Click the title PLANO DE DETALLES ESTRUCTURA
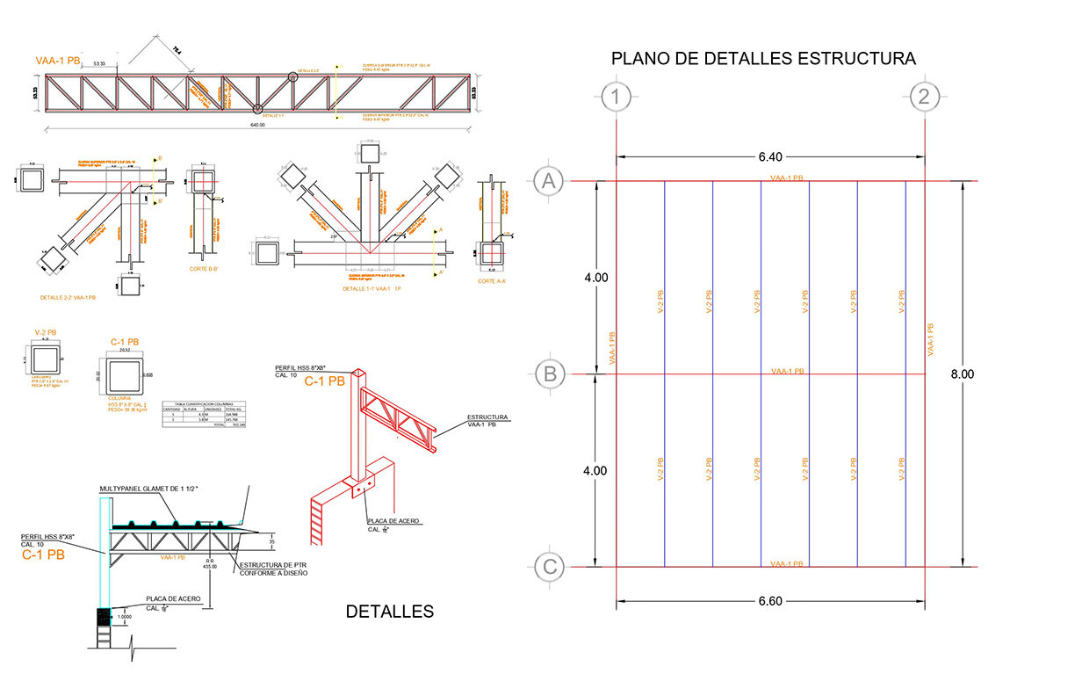click(763, 59)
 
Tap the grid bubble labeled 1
click(617, 97)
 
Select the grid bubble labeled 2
click(923, 97)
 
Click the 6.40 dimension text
click(769, 157)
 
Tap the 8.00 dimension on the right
click(963, 374)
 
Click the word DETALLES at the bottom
click(389, 612)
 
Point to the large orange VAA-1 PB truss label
click(59, 62)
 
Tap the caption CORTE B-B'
click(206, 269)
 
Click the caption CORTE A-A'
click(494, 280)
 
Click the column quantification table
click(205, 415)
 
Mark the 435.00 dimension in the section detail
click(209, 567)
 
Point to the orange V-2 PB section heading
click(44, 333)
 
